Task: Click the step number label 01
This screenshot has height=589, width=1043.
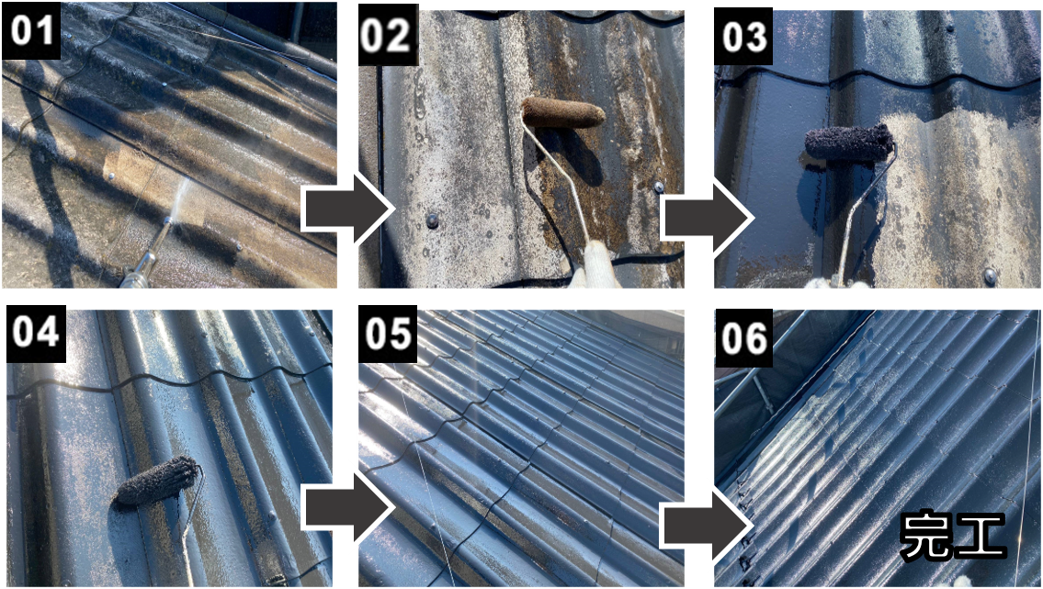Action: tap(32, 30)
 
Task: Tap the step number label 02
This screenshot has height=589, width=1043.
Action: tap(388, 36)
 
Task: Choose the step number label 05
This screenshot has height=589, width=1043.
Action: tap(388, 333)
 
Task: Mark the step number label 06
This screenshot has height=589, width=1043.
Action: tap(743, 338)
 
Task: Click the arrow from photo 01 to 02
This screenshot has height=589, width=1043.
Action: tap(348, 209)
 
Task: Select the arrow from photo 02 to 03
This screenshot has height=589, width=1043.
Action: tap(707, 218)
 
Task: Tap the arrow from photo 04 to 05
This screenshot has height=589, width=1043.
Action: tap(348, 508)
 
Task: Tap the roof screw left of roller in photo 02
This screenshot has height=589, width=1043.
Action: tap(433, 220)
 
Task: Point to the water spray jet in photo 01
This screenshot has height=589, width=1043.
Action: tap(178, 198)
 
